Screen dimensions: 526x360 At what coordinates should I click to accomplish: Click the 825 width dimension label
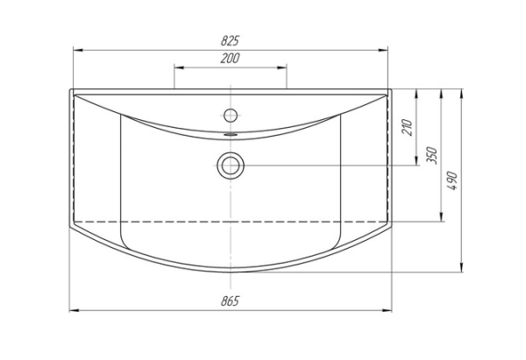(230, 40)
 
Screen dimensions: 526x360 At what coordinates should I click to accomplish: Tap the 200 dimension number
(230, 58)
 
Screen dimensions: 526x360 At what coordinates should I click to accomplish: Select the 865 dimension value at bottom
(230, 301)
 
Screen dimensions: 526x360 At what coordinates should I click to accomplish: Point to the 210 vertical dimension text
(407, 127)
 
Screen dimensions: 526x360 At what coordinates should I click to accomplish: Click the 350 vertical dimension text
(431, 155)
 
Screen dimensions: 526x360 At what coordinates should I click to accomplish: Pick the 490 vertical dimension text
(452, 180)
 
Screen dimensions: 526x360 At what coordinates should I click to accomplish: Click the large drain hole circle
(231, 166)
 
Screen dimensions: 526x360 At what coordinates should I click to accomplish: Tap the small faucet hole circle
(231, 116)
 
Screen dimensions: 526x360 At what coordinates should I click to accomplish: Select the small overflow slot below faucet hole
(231, 134)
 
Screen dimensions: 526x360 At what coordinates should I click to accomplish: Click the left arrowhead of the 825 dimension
(78, 50)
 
